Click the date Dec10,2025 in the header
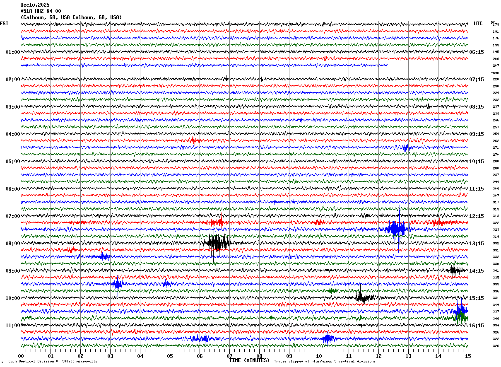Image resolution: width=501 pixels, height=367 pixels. point(35,5)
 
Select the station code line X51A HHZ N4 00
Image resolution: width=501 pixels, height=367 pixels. point(41,11)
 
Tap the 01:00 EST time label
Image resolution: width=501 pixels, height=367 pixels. point(12,52)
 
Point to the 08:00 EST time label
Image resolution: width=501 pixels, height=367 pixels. point(12,244)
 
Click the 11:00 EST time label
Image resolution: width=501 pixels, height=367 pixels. point(12,326)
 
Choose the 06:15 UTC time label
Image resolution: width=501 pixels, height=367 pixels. point(477,52)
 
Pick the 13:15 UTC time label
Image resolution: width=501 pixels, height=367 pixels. point(477,244)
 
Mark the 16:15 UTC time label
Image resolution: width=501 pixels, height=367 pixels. point(477,326)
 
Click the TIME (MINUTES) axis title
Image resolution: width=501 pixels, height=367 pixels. point(249,360)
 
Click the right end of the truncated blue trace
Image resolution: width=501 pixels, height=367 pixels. point(387,65)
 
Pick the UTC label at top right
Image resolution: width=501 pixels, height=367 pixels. point(478,24)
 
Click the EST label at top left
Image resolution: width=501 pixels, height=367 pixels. point(4,24)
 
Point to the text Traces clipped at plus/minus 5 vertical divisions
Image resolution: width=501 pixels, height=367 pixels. point(325,361)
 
